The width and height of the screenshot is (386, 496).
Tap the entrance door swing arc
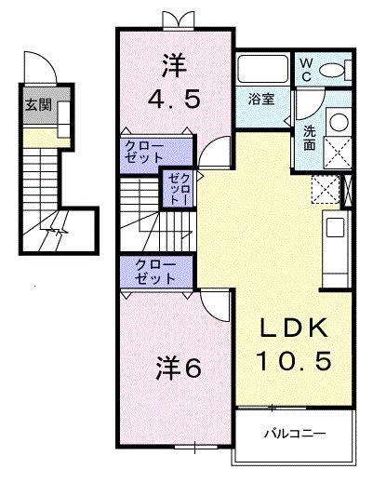[x=40, y=64]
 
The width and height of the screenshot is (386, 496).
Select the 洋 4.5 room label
[x=174, y=82]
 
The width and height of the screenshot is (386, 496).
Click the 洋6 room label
[x=178, y=368]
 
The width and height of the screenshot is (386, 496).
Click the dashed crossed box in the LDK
[x=326, y=190]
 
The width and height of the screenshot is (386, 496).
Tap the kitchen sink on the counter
[x=332, y=227]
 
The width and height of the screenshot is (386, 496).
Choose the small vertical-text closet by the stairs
[x=178, y=189]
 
